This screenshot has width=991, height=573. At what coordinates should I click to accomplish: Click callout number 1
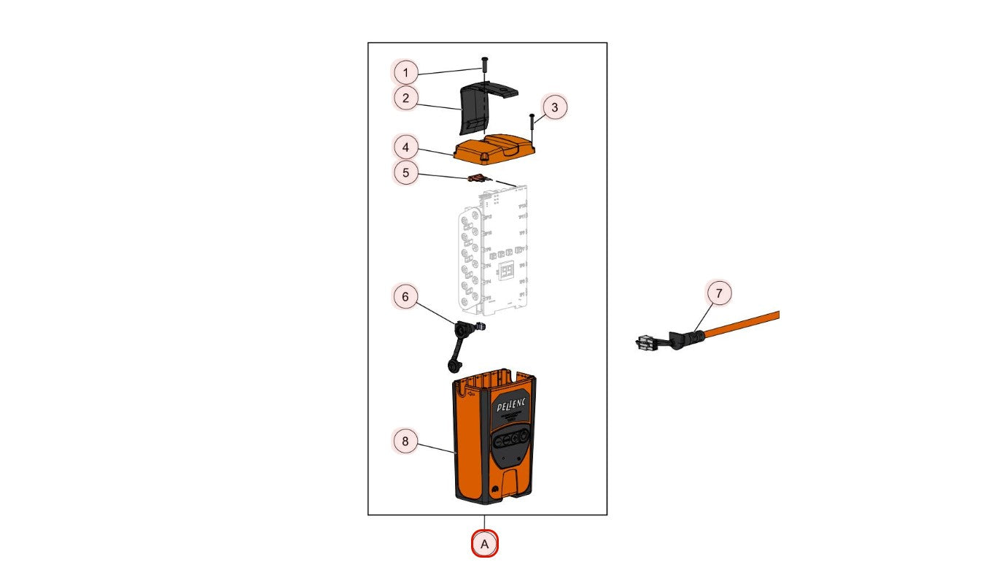tap(406, 72)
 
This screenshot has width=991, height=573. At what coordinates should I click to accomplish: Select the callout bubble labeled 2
tap(406, 97)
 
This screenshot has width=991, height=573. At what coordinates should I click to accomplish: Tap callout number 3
tap(554, 107)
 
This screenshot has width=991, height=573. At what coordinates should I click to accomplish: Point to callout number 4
tap(406, 147)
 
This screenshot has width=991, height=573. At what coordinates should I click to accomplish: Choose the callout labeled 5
tap(406, 173)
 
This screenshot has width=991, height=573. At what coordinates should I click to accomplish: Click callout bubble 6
tap(406, 297)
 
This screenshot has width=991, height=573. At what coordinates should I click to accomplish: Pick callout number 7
tap(719, 293)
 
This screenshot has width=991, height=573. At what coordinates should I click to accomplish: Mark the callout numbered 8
tap(406, 441)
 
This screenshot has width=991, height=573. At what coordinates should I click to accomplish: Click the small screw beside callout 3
tap(533, 127)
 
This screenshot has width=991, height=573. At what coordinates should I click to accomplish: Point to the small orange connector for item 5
tap(476, 178)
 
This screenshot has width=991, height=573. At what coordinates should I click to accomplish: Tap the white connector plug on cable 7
tap(644, 342)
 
